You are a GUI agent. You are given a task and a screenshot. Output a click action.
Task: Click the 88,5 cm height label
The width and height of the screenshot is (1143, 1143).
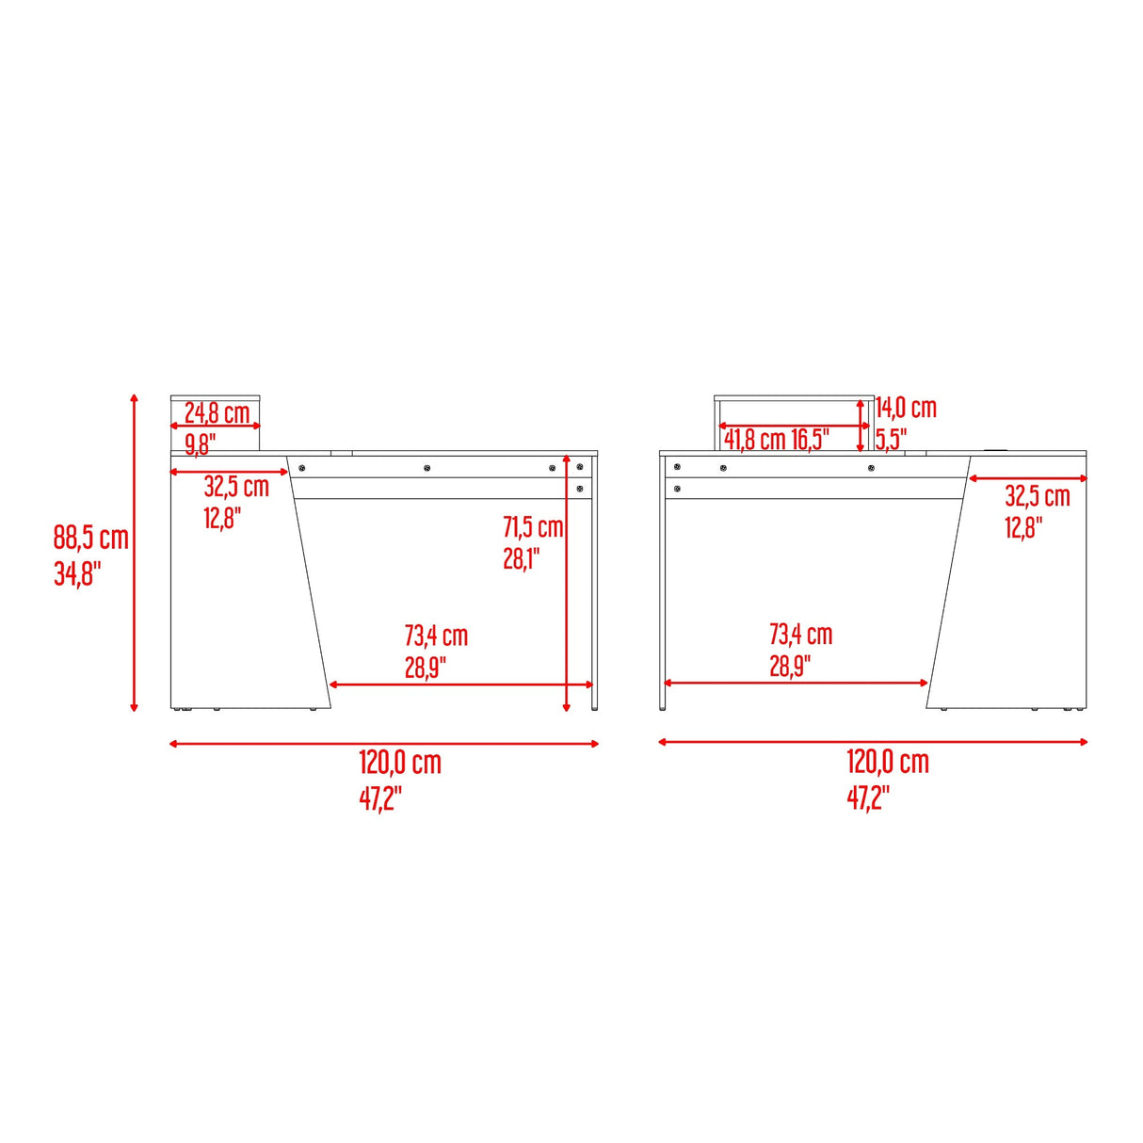tap(90, 538)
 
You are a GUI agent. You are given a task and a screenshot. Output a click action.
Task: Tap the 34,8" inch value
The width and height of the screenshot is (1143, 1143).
tap(78, 573)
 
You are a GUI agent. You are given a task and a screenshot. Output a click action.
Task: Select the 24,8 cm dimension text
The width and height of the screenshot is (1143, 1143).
tap(217, 412)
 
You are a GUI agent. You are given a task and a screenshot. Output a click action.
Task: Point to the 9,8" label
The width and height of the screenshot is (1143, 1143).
tap(201, 444)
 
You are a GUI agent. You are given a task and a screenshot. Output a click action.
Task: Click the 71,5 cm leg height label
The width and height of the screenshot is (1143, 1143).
tap(533, 526)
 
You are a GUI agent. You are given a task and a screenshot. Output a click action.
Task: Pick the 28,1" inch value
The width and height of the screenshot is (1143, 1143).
tap(521, 558)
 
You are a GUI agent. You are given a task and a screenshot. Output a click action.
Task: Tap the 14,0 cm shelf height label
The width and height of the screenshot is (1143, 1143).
tap(906, 408)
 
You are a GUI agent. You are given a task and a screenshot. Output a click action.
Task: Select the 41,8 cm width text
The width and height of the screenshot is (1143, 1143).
tap(754, 440)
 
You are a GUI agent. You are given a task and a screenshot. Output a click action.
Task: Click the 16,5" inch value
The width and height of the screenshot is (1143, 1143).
tap(811, 440)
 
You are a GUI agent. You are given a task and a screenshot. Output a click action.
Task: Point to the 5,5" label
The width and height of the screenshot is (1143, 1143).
tap(891, 440)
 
